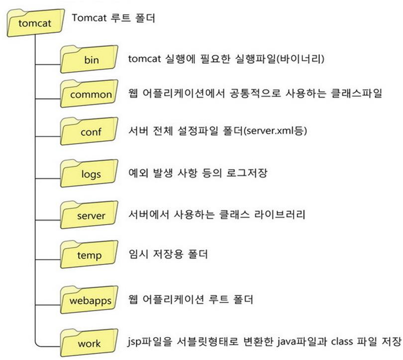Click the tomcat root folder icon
[x=35, y=22]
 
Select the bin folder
[x=89, y=59]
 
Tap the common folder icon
[x=89, y=94]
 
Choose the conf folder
[x=89, y=131]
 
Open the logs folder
[x=89, y=173]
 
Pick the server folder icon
[x=89, y=215]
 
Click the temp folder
[x=89, y=254]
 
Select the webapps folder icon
[x=89, y=300]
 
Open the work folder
[x=89, y=343]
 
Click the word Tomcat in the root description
[x=89, y=18]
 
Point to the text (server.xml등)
[x=275, y=131]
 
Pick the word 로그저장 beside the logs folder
[x=247, y=173]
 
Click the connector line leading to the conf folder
[x=48, y=136]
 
